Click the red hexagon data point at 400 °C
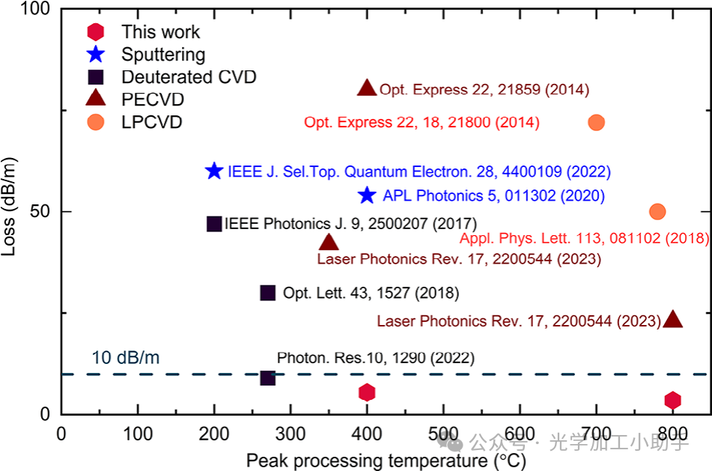366,392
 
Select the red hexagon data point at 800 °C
672,400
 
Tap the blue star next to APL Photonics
366,195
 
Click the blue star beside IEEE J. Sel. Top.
214,171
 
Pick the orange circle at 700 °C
596,122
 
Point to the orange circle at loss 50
657,211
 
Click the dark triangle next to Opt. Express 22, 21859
366,88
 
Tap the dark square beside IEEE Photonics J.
214,223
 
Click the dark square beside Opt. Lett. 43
267,293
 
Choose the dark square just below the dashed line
267,378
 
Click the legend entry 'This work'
161,31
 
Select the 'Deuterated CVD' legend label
189,77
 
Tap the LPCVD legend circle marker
96,122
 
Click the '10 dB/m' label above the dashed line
126,357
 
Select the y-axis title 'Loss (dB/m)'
10,213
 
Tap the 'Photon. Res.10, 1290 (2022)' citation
375,358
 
